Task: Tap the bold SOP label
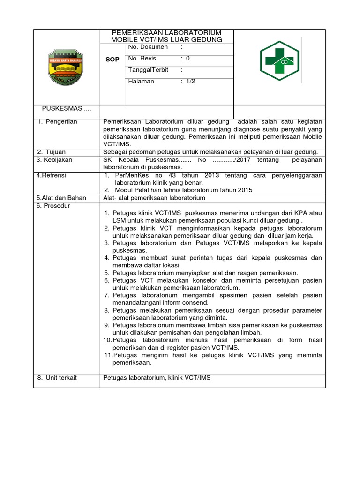(x=113, y=60)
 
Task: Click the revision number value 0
(x=188, y=59)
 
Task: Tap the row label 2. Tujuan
(x=52, y=152)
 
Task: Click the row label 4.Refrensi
(x=52, y=175)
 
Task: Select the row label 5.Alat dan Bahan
(x=61, y=198)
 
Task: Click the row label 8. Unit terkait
(x=57, y=378)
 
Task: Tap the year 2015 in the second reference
(x=245, y=190)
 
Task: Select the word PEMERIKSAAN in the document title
(x=136, y=33)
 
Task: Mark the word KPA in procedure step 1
(x=299, y=213)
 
